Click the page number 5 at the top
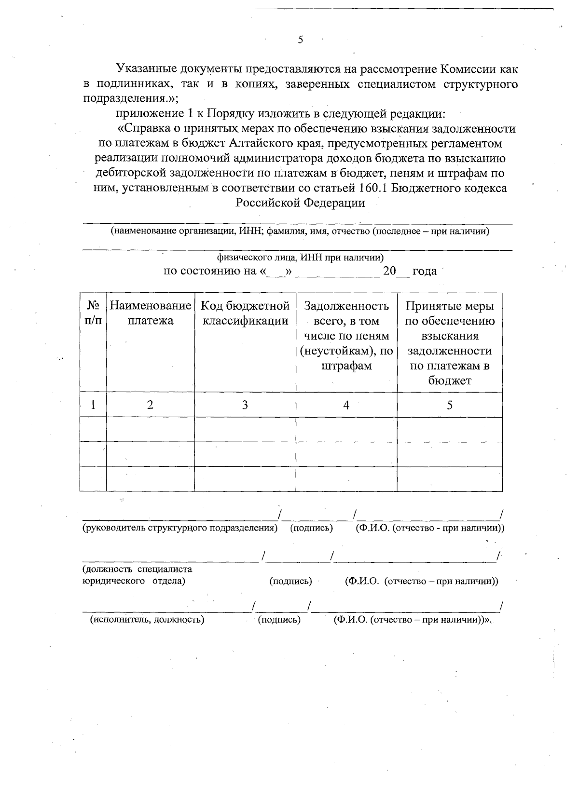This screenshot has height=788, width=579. coord(300,40)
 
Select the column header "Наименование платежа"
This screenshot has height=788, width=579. coord(151,313)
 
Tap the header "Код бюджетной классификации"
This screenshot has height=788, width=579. coord(245,313)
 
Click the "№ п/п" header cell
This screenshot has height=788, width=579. coord(93,313)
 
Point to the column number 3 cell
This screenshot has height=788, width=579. coord(245,405)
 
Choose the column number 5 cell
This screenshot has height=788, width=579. coord(450,405)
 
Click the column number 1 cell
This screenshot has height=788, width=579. coord(93,405)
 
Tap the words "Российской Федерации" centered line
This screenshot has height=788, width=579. coord(300,203)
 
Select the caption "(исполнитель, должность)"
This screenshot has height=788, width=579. coord(148,620)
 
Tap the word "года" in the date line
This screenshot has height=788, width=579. coord(425,271)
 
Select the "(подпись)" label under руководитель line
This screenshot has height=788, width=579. coord(311,528)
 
